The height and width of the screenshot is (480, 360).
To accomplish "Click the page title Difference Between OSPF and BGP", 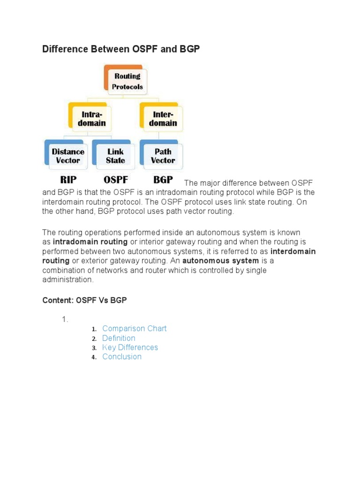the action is [121, 49].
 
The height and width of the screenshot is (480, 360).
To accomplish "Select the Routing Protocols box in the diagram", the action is [127, 81].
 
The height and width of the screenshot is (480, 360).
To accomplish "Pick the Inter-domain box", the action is [163, 119].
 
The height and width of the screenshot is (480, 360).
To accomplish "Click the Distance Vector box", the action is [68, 156].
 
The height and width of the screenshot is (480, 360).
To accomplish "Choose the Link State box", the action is [115, 156].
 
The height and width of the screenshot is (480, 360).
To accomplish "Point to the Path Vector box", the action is [163, 156].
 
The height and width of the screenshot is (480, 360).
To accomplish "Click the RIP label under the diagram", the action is [68, 180].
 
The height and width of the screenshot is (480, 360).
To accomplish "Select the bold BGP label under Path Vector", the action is [163, 180].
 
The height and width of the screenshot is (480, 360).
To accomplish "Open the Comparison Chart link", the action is [134, 329].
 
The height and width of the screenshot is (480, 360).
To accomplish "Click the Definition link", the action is [119, 338].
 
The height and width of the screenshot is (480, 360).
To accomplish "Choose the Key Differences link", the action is [130, 347].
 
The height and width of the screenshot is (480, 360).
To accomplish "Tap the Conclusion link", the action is [122, 357].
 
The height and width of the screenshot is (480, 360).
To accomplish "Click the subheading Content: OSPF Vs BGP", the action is [84, 300].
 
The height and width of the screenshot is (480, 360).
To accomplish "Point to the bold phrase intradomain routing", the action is [90, 242].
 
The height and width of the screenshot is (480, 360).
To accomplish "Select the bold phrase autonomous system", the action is [220, 261].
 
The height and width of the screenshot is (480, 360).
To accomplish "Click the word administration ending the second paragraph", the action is [67, 279].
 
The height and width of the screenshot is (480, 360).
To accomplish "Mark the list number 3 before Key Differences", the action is [94, 348].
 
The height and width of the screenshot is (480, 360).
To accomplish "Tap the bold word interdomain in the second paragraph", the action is [293, 251].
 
